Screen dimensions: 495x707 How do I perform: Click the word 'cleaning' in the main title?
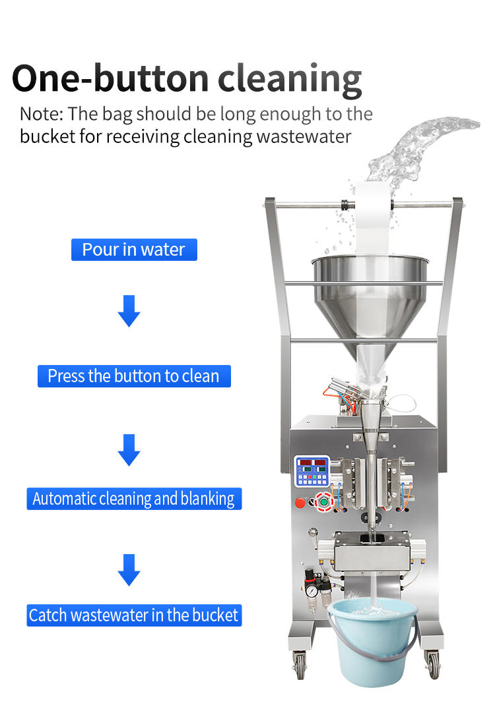[x=290, y=79]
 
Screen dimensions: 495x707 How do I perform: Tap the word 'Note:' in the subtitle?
[x=42, y=114]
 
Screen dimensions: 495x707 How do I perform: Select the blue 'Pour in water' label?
[x=134, y=250]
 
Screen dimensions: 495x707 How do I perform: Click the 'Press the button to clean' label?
[x=134, y=376]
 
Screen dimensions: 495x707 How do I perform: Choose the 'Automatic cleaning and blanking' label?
[x=134, y=499]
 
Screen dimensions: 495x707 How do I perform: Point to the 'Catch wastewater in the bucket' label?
[x=134, y=615]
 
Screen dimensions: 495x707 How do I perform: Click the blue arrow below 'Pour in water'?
[x=129, y=312]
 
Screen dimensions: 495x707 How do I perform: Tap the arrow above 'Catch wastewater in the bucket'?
[x=129, y=570]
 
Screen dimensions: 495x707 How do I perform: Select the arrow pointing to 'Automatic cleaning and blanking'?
[x=129, y=450]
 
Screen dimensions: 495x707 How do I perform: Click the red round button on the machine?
[x=300, y=503]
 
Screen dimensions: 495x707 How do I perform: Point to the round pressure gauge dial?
[x=310, y=591]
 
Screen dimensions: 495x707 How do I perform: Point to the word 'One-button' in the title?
[x=110, y=79]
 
